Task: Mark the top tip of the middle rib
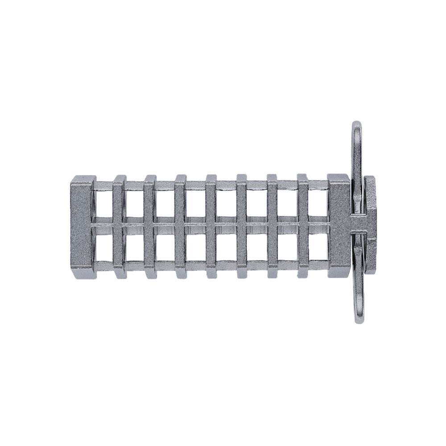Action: point(211,177)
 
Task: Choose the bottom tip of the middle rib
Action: point(211,274)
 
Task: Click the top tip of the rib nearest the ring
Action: point(303,177)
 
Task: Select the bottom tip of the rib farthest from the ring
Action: point(118,274)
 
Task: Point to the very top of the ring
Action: point(356,123)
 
